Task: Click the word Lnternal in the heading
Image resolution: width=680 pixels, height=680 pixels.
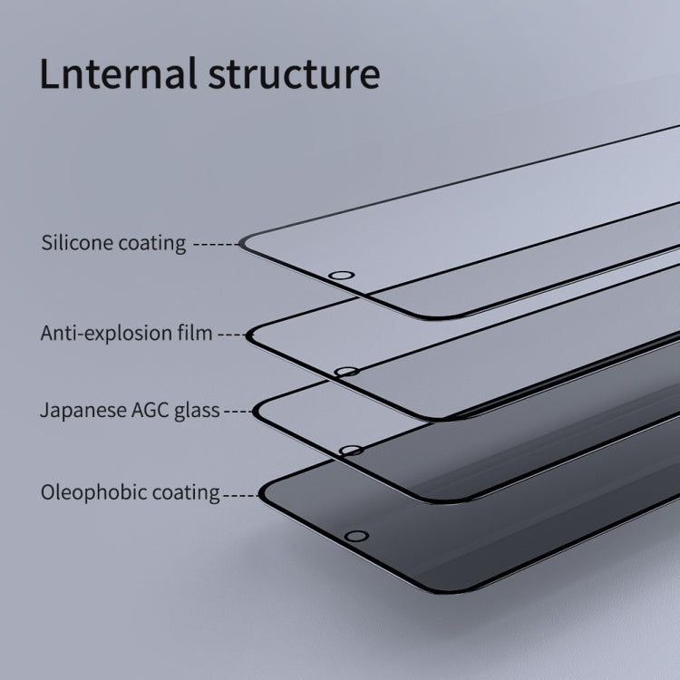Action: tap(119, 73)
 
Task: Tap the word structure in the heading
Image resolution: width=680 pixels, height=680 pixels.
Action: tap(294, 74)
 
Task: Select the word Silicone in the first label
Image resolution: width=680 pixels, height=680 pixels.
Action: tap(78, 242)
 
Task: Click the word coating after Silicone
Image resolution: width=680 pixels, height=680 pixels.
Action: tap(152, 244)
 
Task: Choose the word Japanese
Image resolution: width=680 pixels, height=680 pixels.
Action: tap(83, 410)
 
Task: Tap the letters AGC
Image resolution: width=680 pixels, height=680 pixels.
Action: tap(150, 410)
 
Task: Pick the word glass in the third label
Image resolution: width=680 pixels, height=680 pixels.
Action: tap(197, 411)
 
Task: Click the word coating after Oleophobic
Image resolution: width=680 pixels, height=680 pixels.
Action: tap(186, 493)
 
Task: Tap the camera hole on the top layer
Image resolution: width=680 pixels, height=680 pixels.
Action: tap(342, 276)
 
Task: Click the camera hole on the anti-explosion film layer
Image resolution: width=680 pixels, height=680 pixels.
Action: tap(346, 372)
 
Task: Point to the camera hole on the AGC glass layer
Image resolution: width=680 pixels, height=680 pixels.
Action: tap(351, 451)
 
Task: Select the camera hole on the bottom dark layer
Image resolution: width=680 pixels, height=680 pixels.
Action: tap(356, 536)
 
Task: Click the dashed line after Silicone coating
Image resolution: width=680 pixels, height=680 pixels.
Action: tap(216, 245)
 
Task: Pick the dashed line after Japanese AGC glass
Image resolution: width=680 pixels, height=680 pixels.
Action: tap(239, 411)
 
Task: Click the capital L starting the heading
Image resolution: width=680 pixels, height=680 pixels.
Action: tap(50, 73)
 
